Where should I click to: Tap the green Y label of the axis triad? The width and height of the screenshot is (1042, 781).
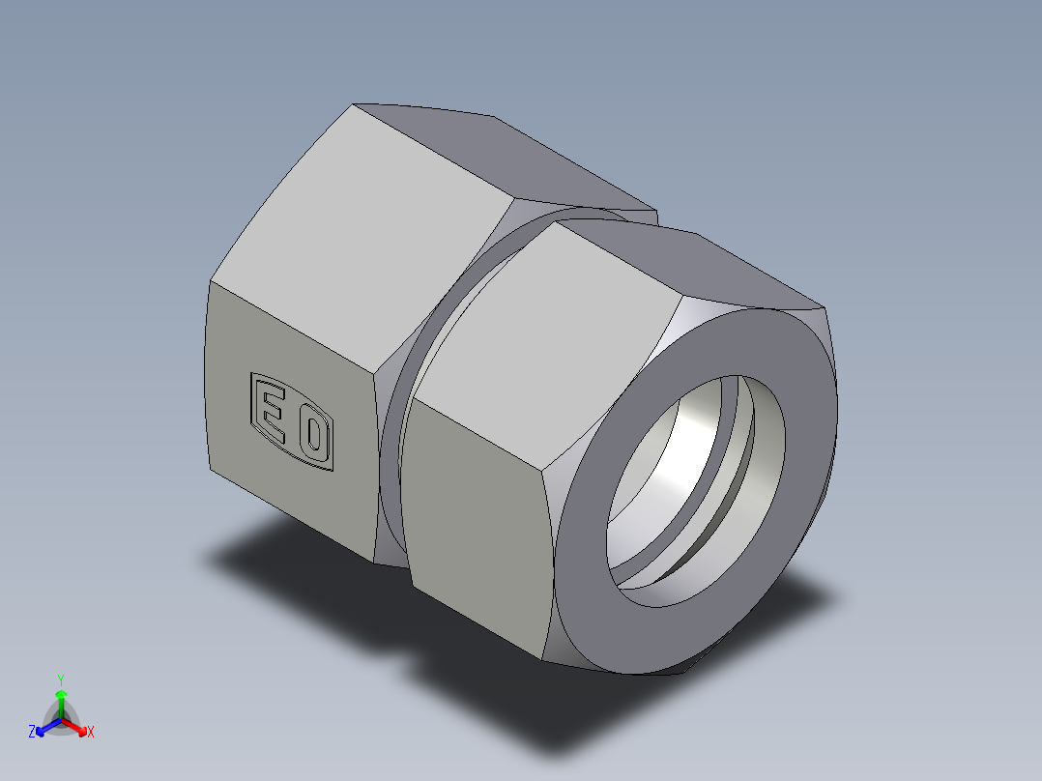click(60, 679)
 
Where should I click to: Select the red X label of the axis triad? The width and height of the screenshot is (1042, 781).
click(91, 733)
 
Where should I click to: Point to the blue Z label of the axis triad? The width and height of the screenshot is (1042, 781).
click(32, 733)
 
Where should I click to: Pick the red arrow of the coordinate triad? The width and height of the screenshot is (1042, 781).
click(77, 725)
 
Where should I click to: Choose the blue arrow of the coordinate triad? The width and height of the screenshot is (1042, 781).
click(44, 726)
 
